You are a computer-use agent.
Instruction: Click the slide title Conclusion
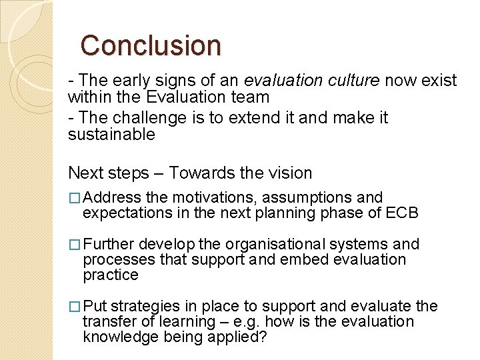151,45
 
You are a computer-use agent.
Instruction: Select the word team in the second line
251,97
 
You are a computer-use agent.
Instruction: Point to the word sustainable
111,134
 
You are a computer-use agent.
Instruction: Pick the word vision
288,173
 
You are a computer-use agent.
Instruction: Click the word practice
111,275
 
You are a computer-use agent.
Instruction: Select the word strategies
145,306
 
